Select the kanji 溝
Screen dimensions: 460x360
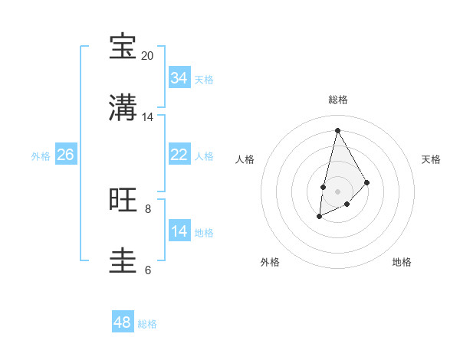123,107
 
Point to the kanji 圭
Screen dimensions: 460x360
123,260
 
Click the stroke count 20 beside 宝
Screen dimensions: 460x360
147,56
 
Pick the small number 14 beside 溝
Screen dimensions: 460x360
147,117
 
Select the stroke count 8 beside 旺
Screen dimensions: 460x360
148,208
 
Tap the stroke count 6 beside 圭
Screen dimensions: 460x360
148,270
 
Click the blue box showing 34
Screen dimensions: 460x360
179,78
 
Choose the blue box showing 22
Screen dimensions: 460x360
179,155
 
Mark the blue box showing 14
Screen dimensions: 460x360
179,231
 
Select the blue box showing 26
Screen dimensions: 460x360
66,155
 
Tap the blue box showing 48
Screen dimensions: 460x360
123,322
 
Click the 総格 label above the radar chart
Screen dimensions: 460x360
337,100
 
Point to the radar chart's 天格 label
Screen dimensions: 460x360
431,159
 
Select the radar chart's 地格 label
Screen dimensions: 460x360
402,262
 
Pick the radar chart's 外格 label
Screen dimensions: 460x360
270,262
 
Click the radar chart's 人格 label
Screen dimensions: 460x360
245,159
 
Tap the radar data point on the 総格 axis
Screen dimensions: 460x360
337,129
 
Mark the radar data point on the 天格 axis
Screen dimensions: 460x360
367,182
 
